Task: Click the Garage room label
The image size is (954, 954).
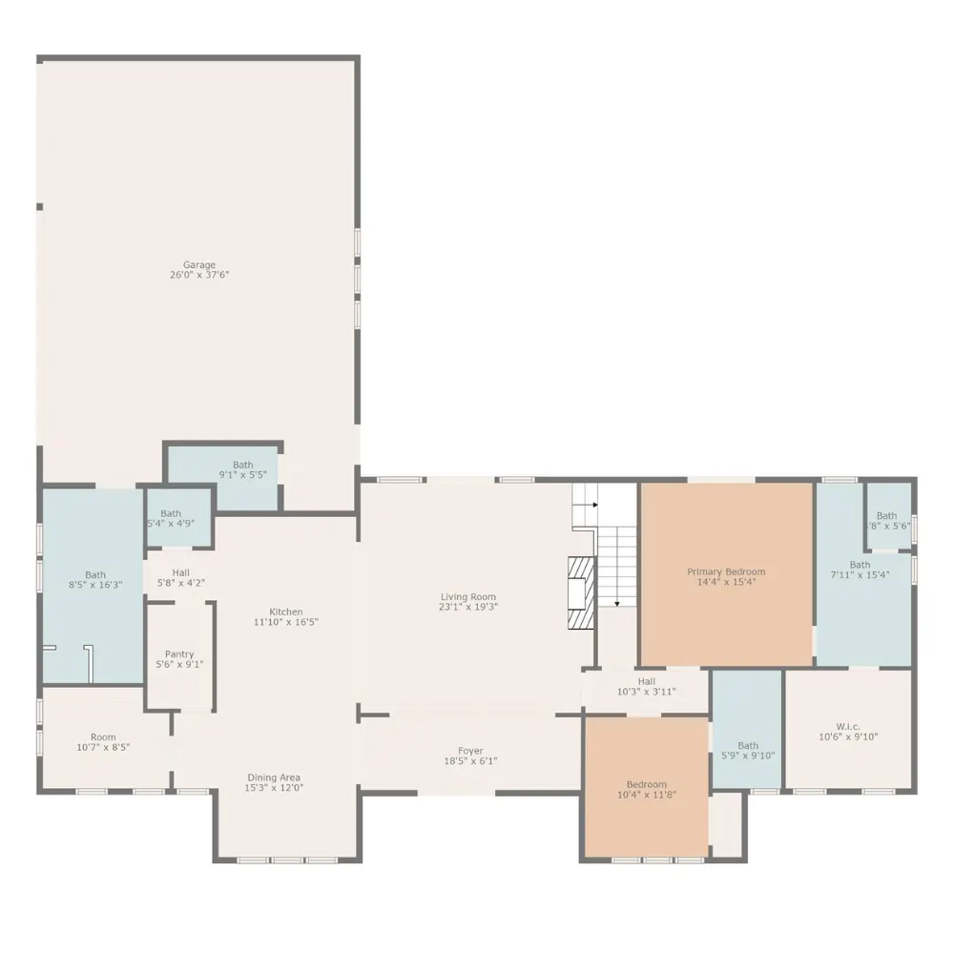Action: pos(199,264)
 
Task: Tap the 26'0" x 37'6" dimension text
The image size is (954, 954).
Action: pos(199,275)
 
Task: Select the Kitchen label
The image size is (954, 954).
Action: pos(286,612)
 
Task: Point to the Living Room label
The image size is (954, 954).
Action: pos(468,597)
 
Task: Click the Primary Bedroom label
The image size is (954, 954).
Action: pos(726,571)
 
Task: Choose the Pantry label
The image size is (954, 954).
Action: pos(179,654)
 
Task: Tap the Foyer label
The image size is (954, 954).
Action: pos(471,751)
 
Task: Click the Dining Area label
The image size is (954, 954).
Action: pos(274,778)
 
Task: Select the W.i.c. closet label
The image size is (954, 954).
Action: pos(848,726)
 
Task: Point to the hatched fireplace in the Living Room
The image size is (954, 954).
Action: pos(581,593)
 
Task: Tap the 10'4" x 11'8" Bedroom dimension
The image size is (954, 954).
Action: pos(647,794)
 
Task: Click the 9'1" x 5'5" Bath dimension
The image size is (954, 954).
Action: pos(242,474)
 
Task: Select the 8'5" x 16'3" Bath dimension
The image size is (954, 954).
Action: pos(95,585)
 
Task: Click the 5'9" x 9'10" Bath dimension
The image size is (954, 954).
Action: pos(748,756)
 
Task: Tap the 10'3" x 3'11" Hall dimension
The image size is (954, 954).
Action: pos(647,691)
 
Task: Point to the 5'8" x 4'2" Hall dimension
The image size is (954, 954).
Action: pos(180,583)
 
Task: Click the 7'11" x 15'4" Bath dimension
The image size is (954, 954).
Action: pos(861,574)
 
